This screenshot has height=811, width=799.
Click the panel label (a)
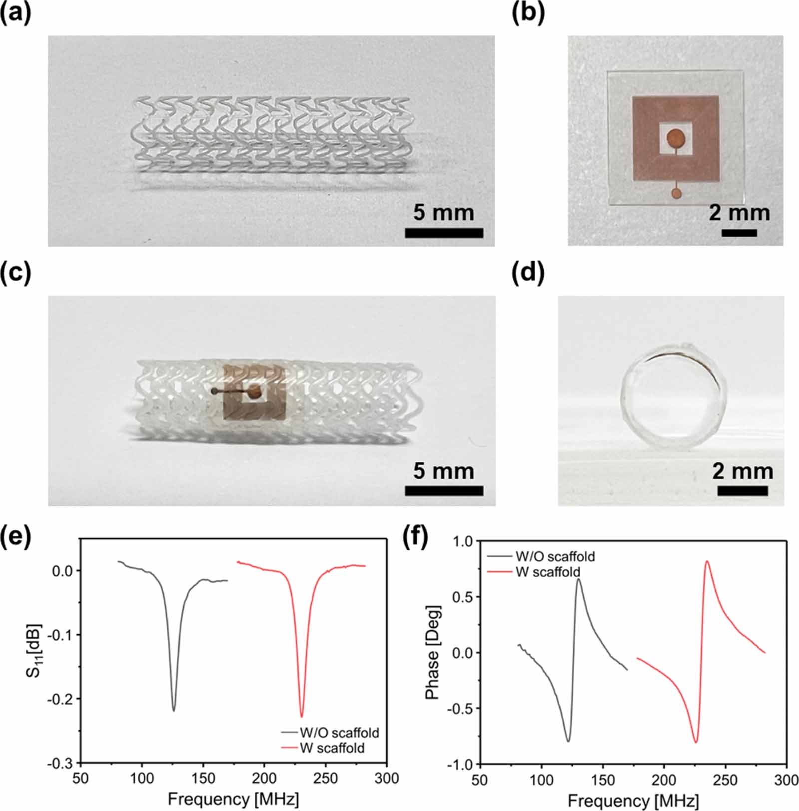(x=15, y=14)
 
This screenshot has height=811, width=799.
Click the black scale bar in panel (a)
(x=444, y=233)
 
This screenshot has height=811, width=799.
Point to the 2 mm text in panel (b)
(x=739, y=213)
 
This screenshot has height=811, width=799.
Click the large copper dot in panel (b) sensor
(x=676, y=137)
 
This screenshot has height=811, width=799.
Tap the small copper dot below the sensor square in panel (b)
(x=676, y=193)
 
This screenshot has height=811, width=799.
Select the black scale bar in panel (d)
(x=742, y=491)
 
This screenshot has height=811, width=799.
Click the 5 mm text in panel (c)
(x=444, y=471)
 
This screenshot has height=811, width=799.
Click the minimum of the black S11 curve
(x=174, y=710)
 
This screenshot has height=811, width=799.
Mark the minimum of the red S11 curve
(x=301, y=716)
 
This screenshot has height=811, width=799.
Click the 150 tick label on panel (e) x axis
(x=203, y=779)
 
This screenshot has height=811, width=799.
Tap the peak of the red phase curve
(x=707, y=561)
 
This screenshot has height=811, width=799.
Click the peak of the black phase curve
(x=578, y=579)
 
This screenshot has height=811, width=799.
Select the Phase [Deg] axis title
(x=432, y=652)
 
